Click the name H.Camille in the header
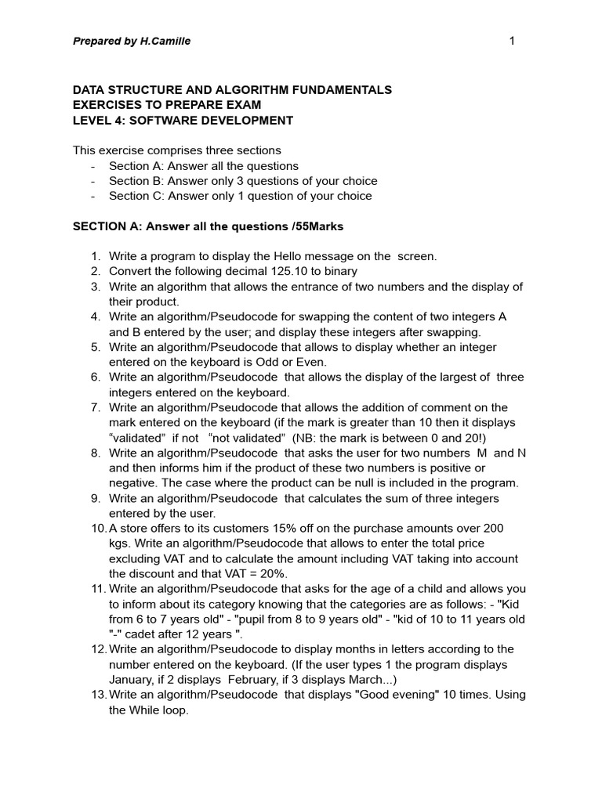click(162, 41)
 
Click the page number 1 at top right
click(512, 41)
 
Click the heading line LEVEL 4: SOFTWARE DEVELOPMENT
click(183, 121)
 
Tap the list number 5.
click(96, 347)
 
